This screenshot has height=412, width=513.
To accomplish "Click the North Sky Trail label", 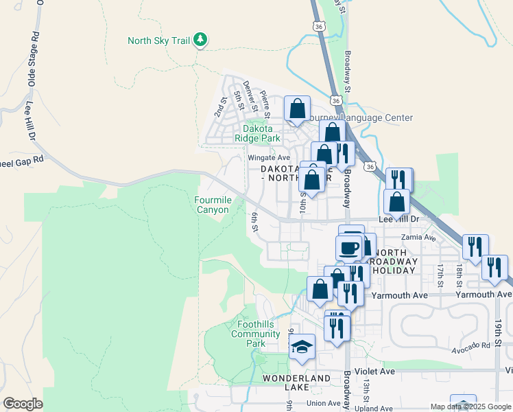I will point(158,41).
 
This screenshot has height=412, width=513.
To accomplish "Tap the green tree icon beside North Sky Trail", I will point(200,40).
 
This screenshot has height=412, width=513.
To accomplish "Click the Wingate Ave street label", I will point(269,158).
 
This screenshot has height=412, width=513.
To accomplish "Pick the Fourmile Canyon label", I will point(212,205).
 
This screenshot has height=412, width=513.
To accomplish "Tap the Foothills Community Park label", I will point(255,334).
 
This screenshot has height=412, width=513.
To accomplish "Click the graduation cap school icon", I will point(301,347).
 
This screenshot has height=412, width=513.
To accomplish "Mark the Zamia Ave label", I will point(420,238).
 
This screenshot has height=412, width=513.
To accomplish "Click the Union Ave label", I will point(324,403).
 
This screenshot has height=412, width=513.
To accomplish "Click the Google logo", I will point(23,404).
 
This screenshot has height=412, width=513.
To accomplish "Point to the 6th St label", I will point(254,222).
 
